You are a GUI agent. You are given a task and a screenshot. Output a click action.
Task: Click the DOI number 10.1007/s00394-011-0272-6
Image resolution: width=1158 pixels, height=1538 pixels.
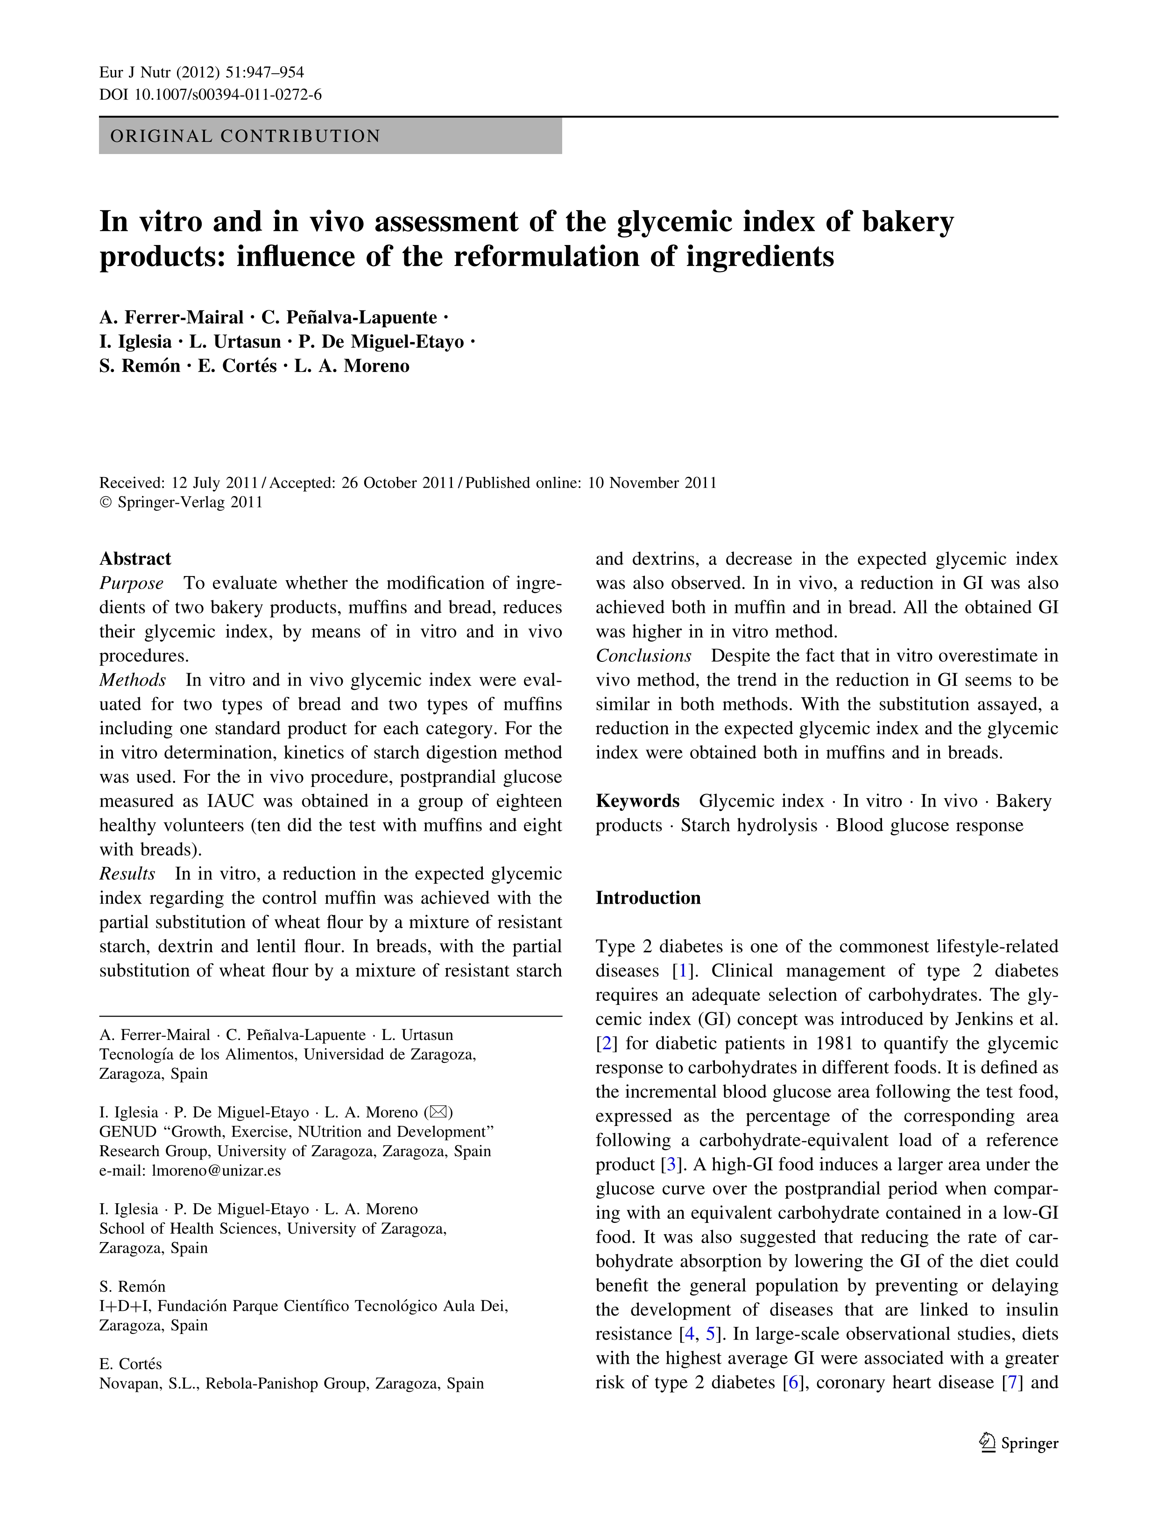(227, 95)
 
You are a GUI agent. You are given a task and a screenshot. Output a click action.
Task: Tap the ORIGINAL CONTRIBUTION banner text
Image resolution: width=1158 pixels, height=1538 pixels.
(246, 136)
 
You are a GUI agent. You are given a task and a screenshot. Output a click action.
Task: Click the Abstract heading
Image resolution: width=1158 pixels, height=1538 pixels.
(135, 559)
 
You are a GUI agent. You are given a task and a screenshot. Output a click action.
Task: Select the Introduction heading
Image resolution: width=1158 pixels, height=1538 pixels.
(648, 899)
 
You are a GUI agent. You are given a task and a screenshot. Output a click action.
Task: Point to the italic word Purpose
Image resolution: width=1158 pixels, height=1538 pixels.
(132, 583)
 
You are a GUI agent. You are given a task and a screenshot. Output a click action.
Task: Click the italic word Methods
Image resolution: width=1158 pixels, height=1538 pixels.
(132, 680)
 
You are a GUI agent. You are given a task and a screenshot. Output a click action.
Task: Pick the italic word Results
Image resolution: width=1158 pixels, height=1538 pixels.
(127, 874)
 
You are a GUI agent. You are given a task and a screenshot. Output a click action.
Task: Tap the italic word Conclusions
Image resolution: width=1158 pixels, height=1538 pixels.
(643, 656)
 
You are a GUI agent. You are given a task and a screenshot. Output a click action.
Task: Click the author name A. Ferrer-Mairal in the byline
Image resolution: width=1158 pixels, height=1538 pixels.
(171, 318)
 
